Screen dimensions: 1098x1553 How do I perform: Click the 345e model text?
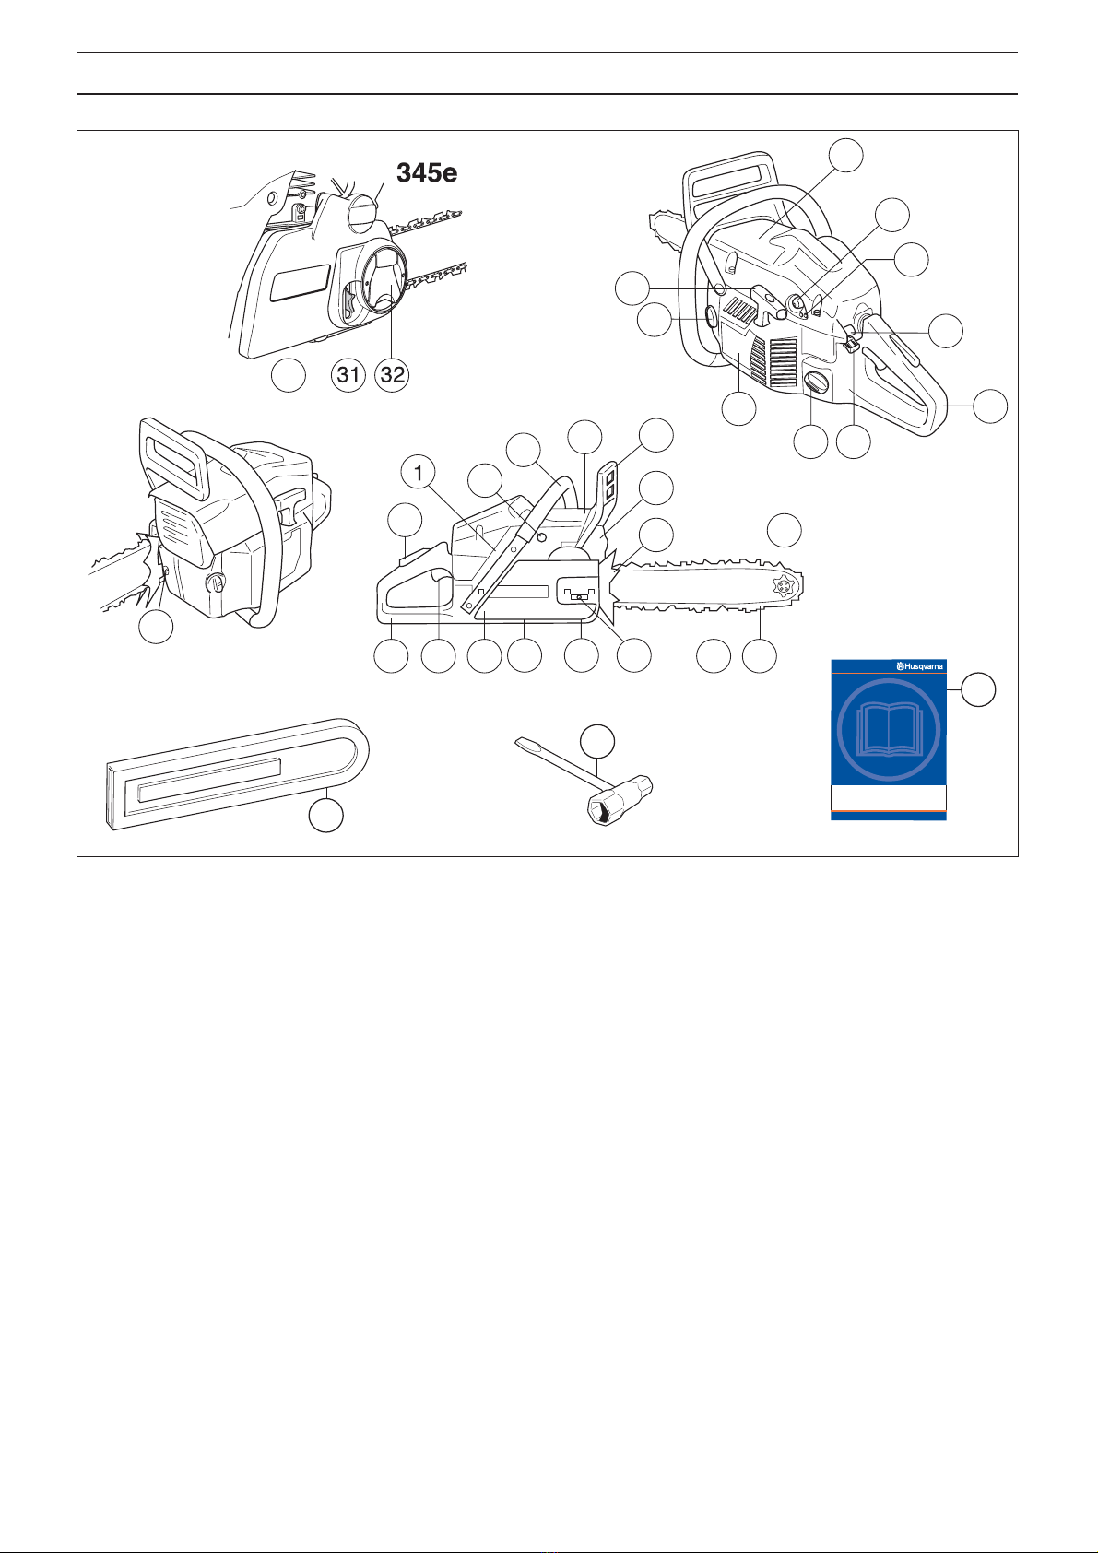(x=427, y=172)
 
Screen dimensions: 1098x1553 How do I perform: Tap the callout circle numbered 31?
(x=348, y=374)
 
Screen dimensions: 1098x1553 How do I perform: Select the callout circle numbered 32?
(x=392, y=374)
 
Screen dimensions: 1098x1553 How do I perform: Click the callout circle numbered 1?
(x=419, y=473)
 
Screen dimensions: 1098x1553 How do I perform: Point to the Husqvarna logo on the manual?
(x=920, y=667)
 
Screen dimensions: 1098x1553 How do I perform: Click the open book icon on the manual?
(x=889, y=730)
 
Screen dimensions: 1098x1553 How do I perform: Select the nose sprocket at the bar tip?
(x=785, y=586)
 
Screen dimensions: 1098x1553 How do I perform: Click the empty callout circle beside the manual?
(x=979, y=689)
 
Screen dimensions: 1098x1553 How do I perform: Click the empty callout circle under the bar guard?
(x=326, y=815)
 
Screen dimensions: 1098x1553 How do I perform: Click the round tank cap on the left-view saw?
(x=216, y=583)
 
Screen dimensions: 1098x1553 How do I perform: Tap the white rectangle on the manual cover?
(x=889, y=798)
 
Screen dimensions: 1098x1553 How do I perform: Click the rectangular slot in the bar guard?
(x=209, y=780)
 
